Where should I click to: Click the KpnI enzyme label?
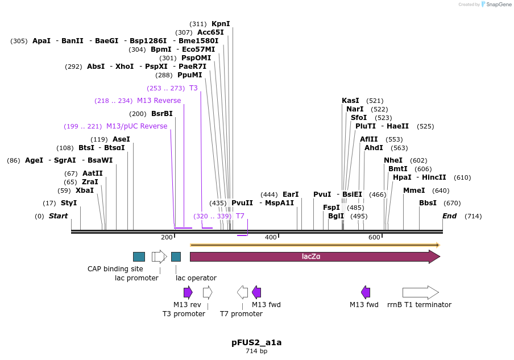pyautogui.click(x=221, y=24)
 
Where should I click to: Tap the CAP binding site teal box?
pyautogui.click(x=139, y=256)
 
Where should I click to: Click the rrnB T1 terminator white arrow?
pyautogui.click(x=420, y=292)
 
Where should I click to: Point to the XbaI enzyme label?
pyautogui.click(x=85, y=191)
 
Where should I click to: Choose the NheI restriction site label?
pyautogui.click(x=393, y=160)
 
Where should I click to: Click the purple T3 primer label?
pyautogui.click(x=193, y=88)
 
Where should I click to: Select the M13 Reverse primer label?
pyautogui.click(x=159, y=101)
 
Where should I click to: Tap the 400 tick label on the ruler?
pyautogui.click(x=271, y=237)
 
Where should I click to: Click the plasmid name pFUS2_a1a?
pyautogui.click(x=256, y=342)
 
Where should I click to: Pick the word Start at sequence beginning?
pyautogui.click(x=58, y=216)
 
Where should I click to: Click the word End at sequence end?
pyautogui.click(x=449, y=216)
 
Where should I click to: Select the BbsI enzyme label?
pyautogui.click(x=428, y=203)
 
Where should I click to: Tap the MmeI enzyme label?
pyautogui.click(x=414, y=191)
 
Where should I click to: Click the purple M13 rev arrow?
pyautogui.click(x=188, y=292)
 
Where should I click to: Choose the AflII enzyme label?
pyautogui.click(x=368, y=139)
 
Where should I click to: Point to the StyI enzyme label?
pyautogui.click(x=69, y=203)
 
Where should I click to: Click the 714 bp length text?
pyautogui.click(x=256, y=351)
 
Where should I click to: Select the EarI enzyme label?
pyautogui.click(x=290, y=195)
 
